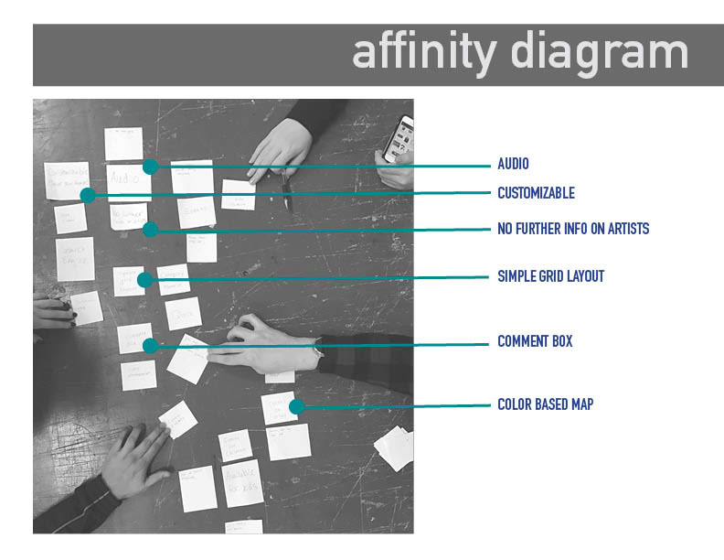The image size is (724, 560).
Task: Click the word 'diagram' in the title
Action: click(599, 52)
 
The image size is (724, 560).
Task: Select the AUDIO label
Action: click(513, 165)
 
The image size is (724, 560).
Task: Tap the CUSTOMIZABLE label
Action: click(536, 193)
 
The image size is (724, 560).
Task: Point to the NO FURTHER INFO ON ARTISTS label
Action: click(573, 229)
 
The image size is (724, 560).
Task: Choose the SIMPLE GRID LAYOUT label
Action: click(550, 276)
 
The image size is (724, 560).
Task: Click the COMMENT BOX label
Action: click(535, 341)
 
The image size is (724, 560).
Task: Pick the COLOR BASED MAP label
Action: click(545, 404)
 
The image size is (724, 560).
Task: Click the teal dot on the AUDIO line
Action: click(151, 167)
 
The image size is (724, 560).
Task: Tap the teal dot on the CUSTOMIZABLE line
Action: click(88, 195)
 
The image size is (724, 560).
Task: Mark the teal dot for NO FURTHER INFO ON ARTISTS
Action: click(151, 229)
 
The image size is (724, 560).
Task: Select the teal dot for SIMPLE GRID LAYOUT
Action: click(145, 279)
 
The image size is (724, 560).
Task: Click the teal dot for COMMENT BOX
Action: click(151, 345)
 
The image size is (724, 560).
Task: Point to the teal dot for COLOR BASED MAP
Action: click(295, 406)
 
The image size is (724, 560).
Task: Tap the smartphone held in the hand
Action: click(399, 139)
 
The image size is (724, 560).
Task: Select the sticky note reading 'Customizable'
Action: click(67, 178)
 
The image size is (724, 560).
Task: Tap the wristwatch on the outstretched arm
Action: click(319, 349)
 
